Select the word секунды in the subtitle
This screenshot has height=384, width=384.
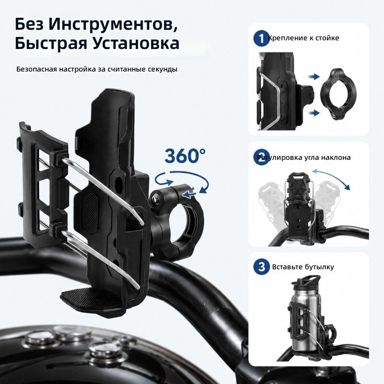pos(162,69)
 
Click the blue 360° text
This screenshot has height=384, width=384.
pos(185,156)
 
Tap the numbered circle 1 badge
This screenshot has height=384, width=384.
pos(262,38)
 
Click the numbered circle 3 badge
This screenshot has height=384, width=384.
pos(262,266)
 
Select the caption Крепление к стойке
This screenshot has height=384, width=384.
pos(304,38)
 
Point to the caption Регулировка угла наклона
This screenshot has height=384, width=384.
pos(304,157)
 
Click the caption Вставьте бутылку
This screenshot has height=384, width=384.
pos(303,266)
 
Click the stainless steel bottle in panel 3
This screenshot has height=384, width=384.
pos(303,318)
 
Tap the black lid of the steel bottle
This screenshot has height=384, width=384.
pos(306,281)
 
